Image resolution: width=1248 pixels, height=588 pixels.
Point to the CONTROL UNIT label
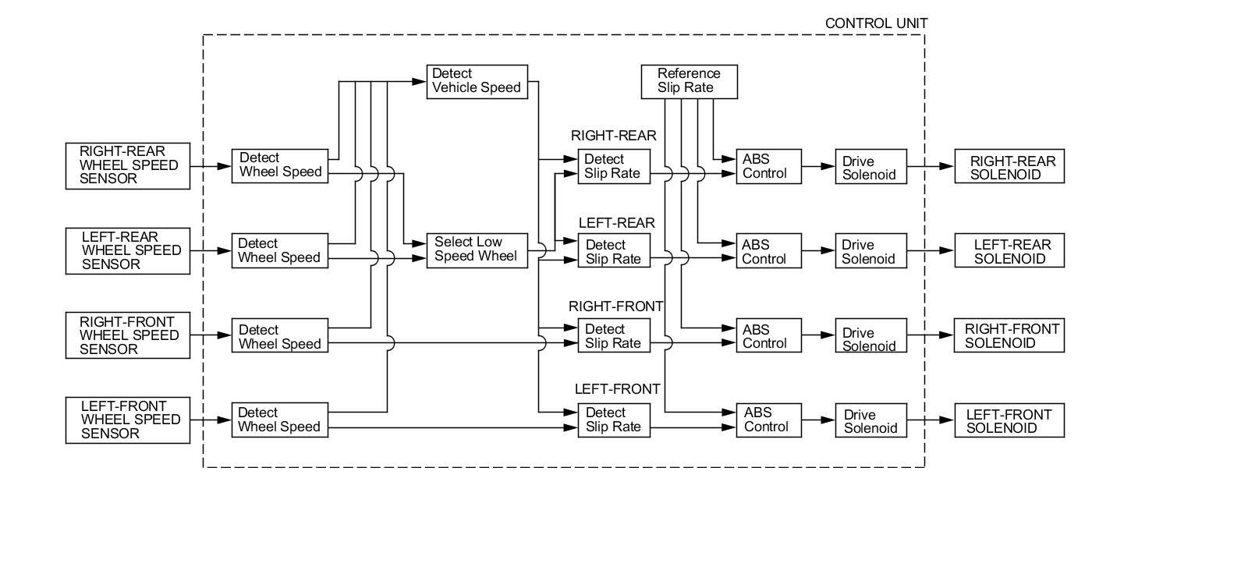[877, 23]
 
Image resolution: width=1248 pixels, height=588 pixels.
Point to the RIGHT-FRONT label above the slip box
[615, 306]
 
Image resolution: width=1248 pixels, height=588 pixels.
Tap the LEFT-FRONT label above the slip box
[617, 388]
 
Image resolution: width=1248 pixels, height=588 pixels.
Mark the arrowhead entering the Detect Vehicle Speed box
[419, 82]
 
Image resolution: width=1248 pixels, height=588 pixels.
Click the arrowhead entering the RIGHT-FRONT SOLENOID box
[946, 335]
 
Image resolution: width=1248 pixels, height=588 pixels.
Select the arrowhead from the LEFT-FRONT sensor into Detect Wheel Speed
[224, 420]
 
